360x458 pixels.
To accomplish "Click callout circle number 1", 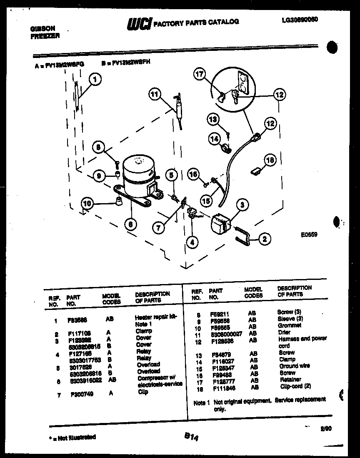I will [x=95, y=79].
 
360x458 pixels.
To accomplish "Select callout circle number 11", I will [x=155, y=95].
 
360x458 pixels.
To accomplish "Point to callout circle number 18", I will [x=270, y=160].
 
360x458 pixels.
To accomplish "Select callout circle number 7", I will [x=158, y=227].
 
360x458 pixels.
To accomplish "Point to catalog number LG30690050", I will [x=297, y=19].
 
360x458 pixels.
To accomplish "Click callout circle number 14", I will [x=215, y=139].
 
